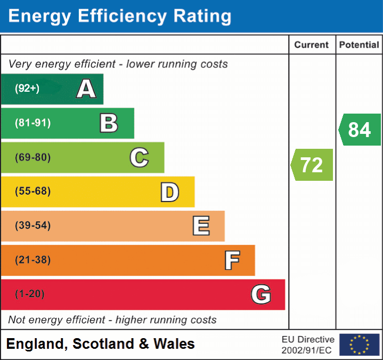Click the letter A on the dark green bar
pyautogui.click(x=86, y=89)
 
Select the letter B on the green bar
pyautogui.click(x=109, y=123)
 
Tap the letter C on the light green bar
pyautogui.click(x=139, y=157)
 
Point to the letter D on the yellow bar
pyautogui.click(x=169, y=192)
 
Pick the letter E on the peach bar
pyautogui.click(x=201, y=226)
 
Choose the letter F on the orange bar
pyautogui.click(x=232, y=260)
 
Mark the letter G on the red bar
pyautogui.click(x=261, y=294)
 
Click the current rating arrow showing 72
pyautogui.click(x=312, y=165)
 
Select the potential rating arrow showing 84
pyautogui.click(x=360, y=130)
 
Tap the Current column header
pyautogui.click(x=312, y=45)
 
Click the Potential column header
pyautogui.click(x=359, y=45)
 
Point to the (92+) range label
pyautogui.click(x=27, y=89)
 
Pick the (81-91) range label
pyautogui.click(x=32, y=123)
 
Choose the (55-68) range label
pyautogui.click(x=32, y=191)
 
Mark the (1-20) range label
pyautogui.click(x=30, y=294)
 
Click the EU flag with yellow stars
pyautogui.click(x=359, y=345)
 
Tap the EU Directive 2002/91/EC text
pyautogui.click(x=308, y=345)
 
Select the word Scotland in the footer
pyautogui.click(x=104, y=344)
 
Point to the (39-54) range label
pyautogui.click(x=32, y=226)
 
